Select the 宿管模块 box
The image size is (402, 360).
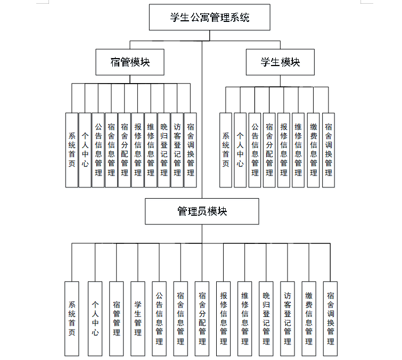point(130,62)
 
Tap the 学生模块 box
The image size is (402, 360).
point(280,62)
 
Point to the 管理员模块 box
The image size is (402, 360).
point(202,211)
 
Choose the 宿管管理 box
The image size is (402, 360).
point(117,318)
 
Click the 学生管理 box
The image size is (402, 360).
point(138,318)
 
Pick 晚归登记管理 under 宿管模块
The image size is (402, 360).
point(164,150)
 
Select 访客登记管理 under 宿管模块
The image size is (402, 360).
point(177,150)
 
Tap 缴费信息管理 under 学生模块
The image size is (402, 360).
point(314,150)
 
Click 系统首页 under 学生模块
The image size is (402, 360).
point(226,150)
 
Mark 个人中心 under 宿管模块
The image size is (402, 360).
point(85,150)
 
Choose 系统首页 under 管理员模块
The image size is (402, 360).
point(72,318)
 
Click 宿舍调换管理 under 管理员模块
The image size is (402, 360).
point(331,318)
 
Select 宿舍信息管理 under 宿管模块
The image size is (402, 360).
point(111,150)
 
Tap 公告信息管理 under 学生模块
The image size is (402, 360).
point(255,150)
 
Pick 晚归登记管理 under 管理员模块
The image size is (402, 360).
point(266,318)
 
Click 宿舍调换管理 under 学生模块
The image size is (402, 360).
point(329,150)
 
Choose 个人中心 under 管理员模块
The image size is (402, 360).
point(95,318)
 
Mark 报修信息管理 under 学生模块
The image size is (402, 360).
point(284,150)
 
